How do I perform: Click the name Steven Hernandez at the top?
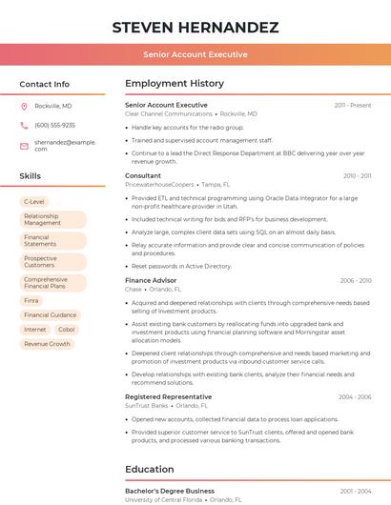click(x=195, y=27)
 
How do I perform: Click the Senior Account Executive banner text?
click(x=195, y=55)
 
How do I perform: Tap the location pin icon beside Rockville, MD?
click(x=24, y=106)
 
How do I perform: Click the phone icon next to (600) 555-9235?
click(x=24, y=125)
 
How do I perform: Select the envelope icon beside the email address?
click(x=24, y=145)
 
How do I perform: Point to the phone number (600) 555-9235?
click(x=54, y=125)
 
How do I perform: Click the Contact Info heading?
click(x=44, y=84)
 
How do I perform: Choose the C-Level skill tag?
click(x=34, y=202)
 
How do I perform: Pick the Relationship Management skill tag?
click(x=48, y=219)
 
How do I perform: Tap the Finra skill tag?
click(x=32, y=300)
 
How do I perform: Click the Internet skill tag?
click(x=34, y=330)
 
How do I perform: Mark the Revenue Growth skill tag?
click(x=47, y=344)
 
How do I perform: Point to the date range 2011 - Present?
click(x=353, y=105)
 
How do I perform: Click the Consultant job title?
click(x=143, y=175)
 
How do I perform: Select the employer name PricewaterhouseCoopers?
click(x=159, y=184)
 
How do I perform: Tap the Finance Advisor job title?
click(x=151, y=280)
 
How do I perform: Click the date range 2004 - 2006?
click(x=355, y=396)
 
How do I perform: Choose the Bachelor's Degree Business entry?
click(x=170, y=491)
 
